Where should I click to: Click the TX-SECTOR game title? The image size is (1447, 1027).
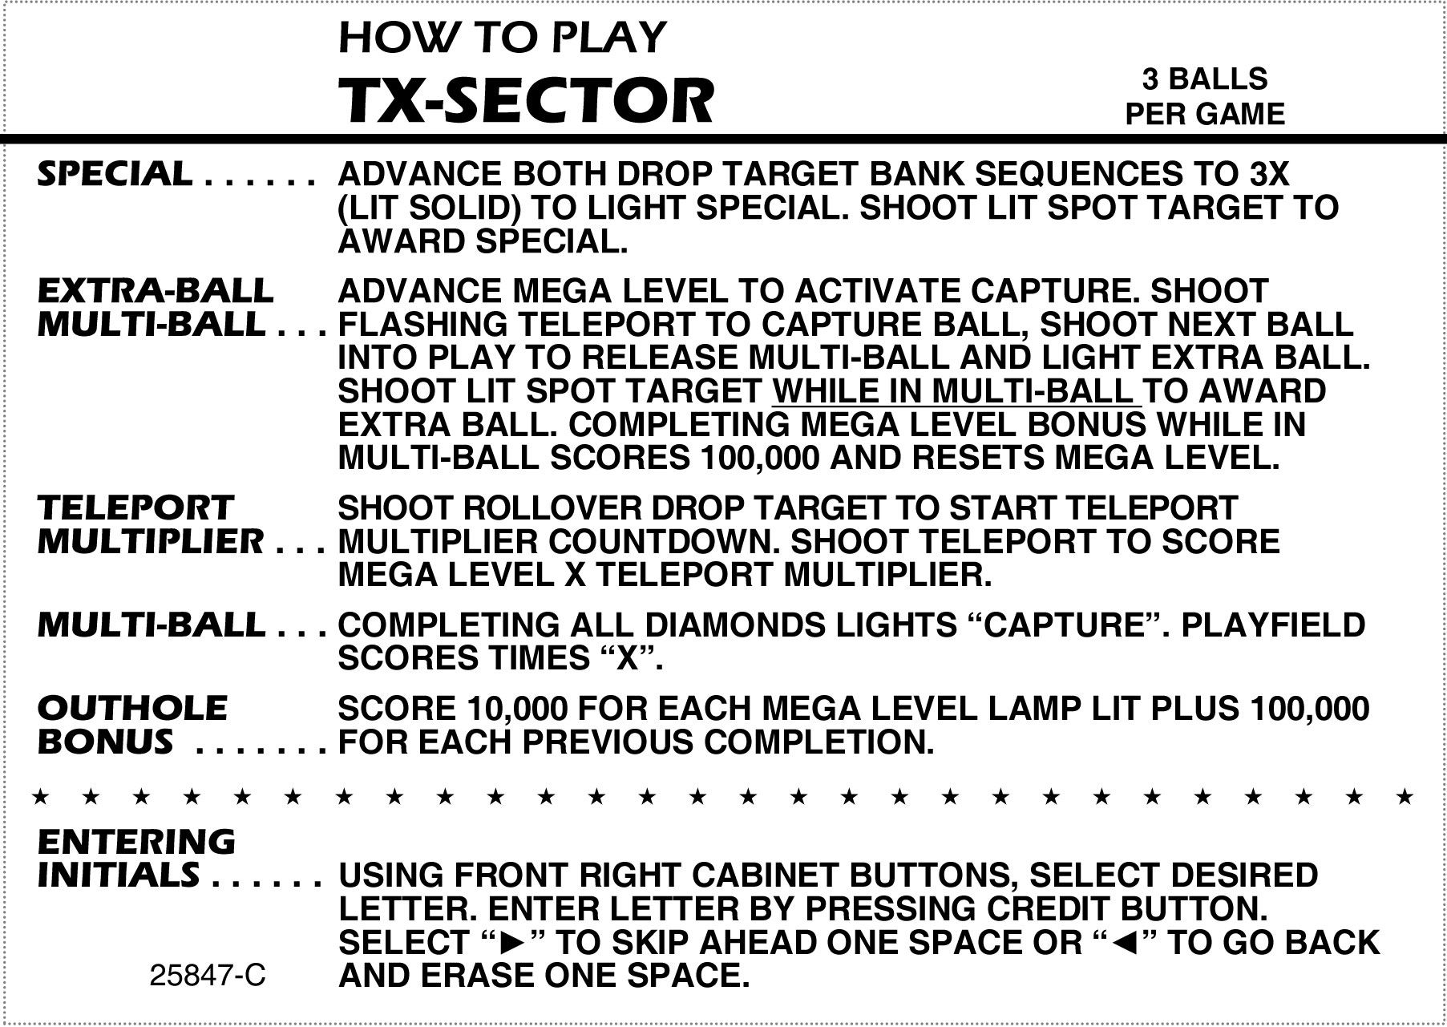point(526,101)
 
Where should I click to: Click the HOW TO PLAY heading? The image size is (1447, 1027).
point(503,37)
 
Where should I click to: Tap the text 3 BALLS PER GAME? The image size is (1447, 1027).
point(1205,96)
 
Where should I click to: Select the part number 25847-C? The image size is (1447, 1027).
point(208,976)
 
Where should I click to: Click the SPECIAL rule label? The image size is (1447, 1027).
point(115,173)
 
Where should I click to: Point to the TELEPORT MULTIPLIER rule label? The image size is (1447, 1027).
point(150,524)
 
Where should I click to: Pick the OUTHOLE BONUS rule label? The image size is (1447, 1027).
point(133,725)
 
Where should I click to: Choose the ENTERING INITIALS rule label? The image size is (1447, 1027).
point(137,858)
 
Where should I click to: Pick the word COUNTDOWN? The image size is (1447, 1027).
point(665,542)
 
